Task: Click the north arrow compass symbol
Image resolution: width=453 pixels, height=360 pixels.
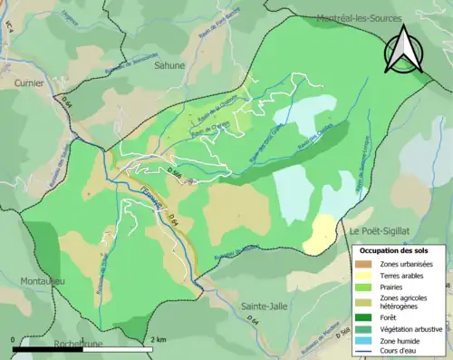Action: coord(405,49)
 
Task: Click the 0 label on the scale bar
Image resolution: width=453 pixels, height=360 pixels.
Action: coord(13,339)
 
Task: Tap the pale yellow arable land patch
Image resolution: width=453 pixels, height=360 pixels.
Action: coord(319,234)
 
